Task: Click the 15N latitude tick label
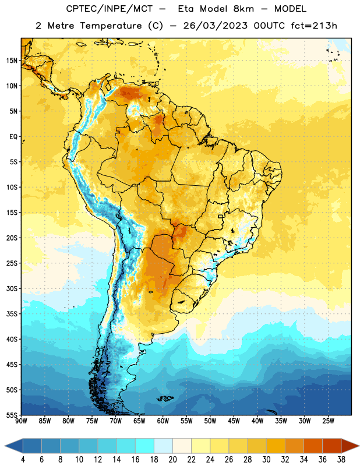point(11,61)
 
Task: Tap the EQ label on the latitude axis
point(13,137)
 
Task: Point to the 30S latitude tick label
point(12,288)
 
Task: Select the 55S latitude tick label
point(12,415)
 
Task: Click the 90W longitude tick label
point(21,421)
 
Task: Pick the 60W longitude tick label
point(163,421)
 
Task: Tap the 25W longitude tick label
point(328,421)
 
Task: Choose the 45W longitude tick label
point(234,421)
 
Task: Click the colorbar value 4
point(23,460)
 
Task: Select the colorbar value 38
point(341,460)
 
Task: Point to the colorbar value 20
point(172,460)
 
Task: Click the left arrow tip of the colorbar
point(5,446)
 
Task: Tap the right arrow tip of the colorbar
point(359,446)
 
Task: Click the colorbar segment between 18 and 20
point(164,446)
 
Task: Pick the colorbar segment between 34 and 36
point(313,446)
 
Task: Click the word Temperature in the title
point(111,26)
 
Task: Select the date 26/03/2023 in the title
point(215,26)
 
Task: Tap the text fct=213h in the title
point(314,26)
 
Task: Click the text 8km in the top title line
point(243,9)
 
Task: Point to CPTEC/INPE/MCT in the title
point(109,9)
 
